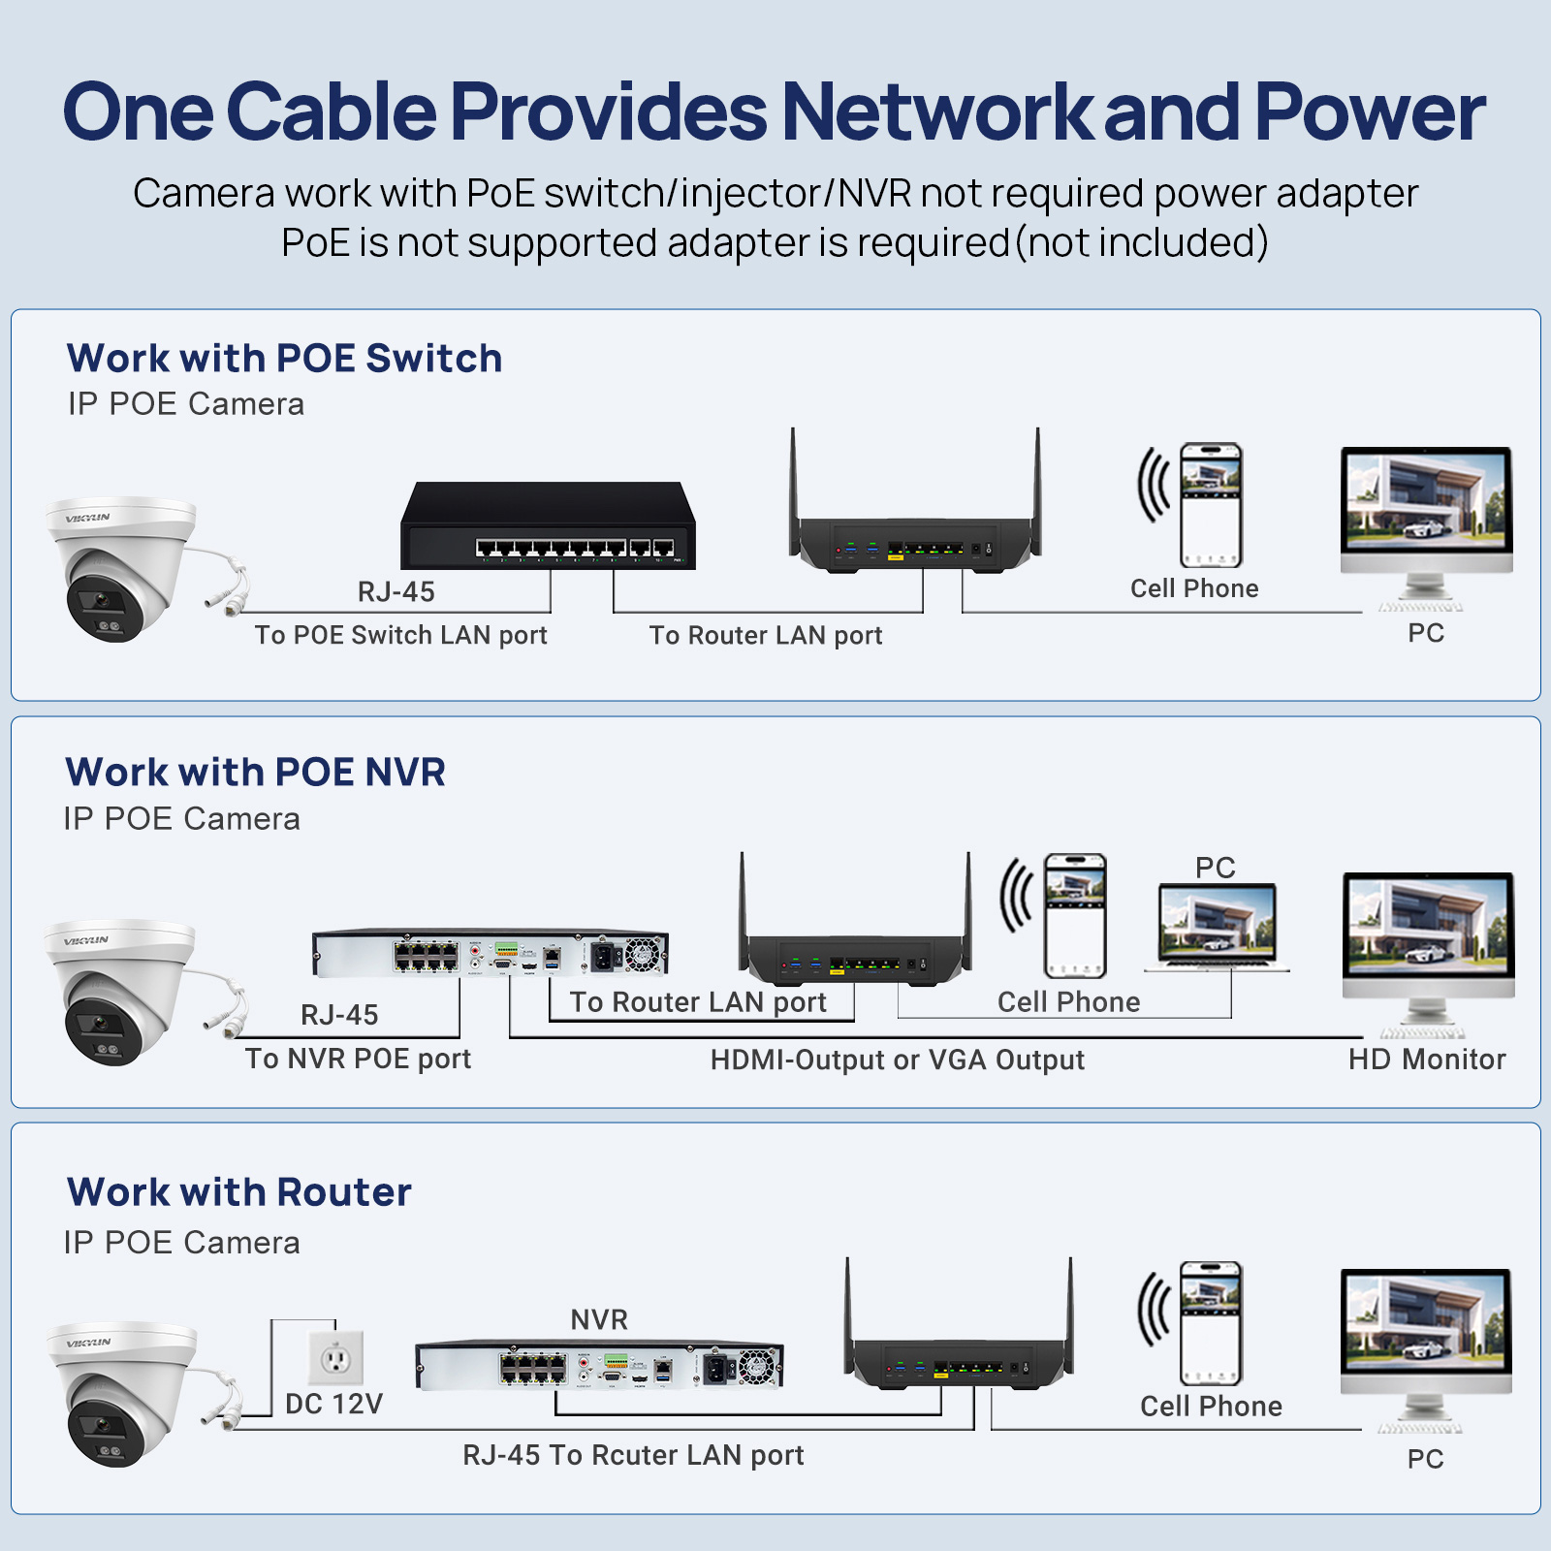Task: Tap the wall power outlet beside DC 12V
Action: coord(335,1358)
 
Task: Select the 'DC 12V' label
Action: coord(333,1404)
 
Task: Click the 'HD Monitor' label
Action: coord(1426,1060)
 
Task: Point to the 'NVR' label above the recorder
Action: coord(599,1319)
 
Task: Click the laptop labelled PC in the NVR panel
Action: coord(1218,927)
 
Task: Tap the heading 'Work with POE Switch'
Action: coord(284,359)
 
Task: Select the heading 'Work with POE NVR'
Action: coord(255,773)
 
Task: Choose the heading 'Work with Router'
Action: coord(238,1192)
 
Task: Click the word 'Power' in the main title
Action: coord(1369,112)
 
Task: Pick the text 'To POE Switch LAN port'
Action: coord(400,635)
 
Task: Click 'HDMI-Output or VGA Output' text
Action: coord(897,1060)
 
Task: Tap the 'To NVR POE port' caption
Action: coord(358,1059)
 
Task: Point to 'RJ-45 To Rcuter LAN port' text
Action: coord(633,1455)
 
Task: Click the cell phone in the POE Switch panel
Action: coord(1210,505)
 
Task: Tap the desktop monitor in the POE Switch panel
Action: coord(1425,523)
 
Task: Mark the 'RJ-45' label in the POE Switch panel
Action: coord(396,591)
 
